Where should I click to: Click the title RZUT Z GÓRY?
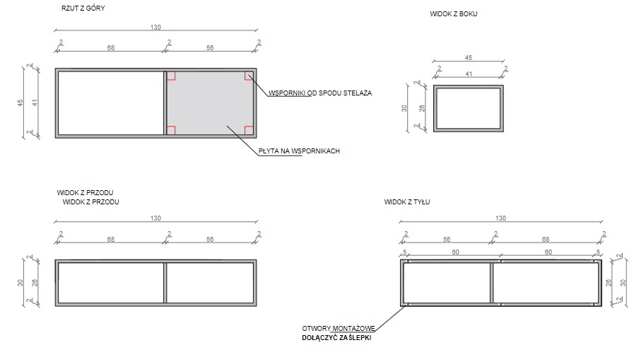click(x=83, y=8)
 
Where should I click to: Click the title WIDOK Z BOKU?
click(x=453, y=13)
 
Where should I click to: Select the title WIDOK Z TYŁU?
click(x=406, y=202)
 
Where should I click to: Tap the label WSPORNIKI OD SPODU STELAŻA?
click(x=320, y=93)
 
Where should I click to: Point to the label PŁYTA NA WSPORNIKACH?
click(x=299, y=151)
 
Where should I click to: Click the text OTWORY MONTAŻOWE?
click(x=339, y=329)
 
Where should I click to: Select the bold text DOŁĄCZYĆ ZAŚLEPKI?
click(x=336, y=338)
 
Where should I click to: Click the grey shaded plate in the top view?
click(x=210, y=103)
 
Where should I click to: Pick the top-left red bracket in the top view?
click(x=171, y=76)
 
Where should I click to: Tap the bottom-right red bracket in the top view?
click(x=249, y=130)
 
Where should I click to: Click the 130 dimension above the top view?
click(x=155, y=28)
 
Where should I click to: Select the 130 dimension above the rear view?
click(x=500, y=218)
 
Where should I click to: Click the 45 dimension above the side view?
click(x=468, y=58)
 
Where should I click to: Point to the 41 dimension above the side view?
click(x=468, y=74)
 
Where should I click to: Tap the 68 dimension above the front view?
click(x=111, y=240)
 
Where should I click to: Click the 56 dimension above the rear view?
click(x=447, y=240)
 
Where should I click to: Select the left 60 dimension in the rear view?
click(x=455, y=252)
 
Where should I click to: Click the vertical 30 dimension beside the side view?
click(x=404, y=108)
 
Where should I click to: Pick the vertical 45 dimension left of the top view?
click(x=20, y=103)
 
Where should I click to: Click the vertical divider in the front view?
click(x=165, y=283)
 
